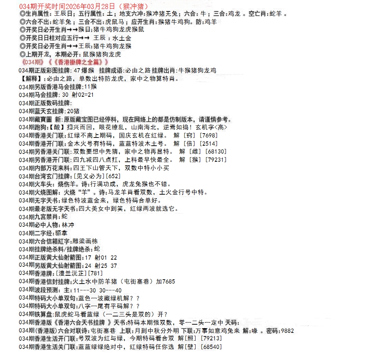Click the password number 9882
tap(287, 331)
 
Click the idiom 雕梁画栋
tap(85, 241)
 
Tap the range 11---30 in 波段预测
tap(85, 290)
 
